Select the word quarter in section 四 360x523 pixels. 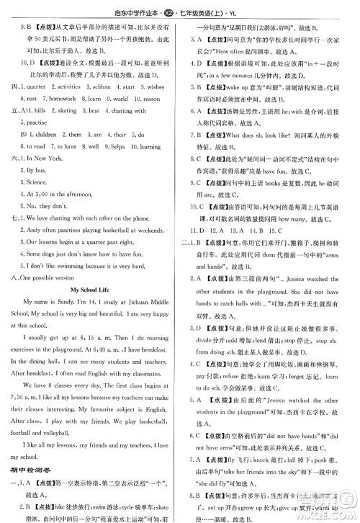(38, 86)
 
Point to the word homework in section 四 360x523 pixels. (61, 98)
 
